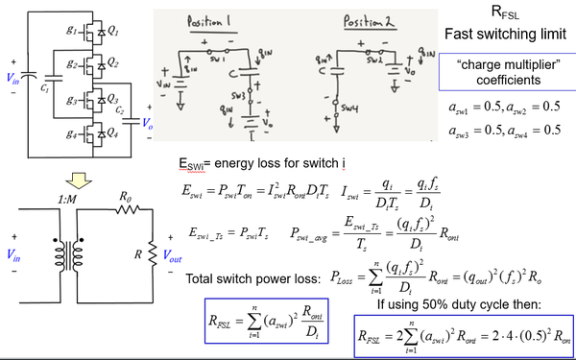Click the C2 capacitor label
tap(121, 112)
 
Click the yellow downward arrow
tap(73, 179)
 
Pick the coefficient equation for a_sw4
tap(532, 130)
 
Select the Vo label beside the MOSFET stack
tap(147, 123)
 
